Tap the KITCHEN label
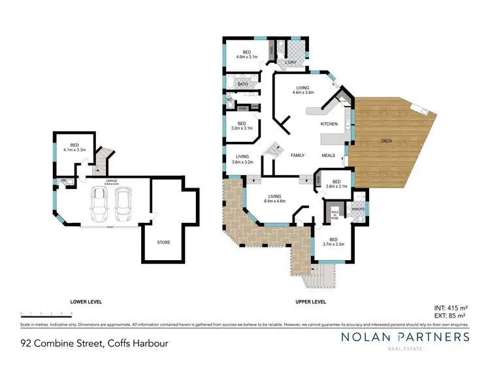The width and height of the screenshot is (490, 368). coord(329,124)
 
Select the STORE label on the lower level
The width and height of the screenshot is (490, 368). coord(163,242)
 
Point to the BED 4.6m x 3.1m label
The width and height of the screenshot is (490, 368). coord(247,54)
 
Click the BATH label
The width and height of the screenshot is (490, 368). coord(242,84)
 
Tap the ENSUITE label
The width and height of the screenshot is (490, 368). coord(358,209)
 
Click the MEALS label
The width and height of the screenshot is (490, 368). coord(329,156)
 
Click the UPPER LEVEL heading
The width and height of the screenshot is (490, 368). coord(310,302)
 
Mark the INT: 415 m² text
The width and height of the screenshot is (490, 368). coord(451,307)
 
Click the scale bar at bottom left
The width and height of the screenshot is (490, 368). coord(46,314)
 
